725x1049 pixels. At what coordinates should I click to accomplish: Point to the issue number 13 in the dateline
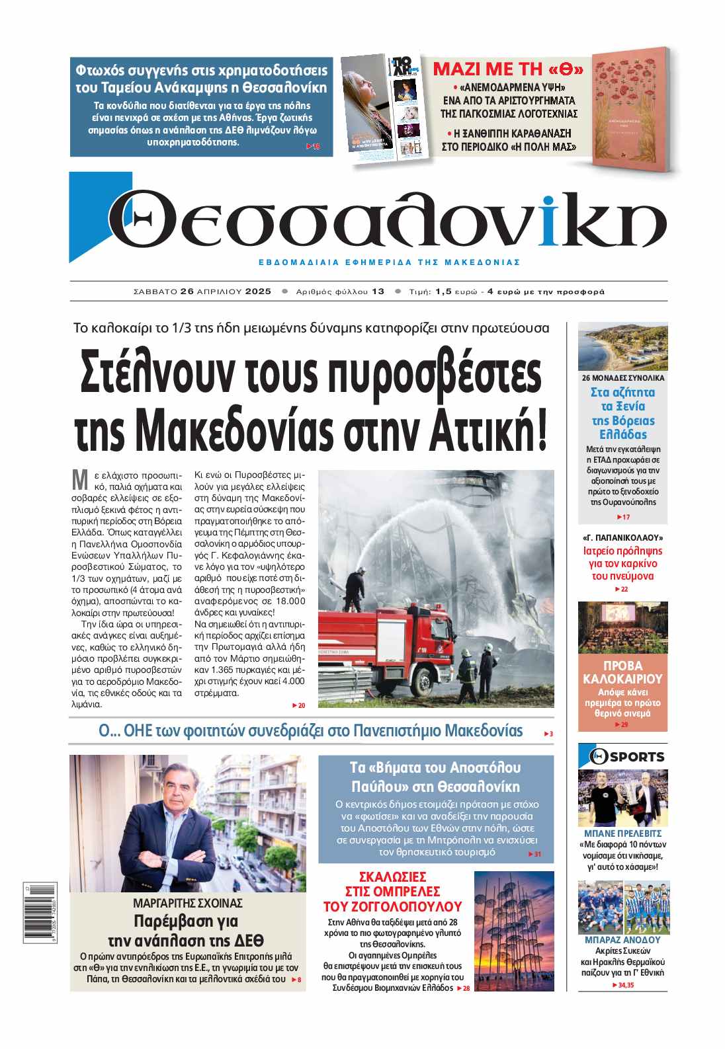pos(378,291)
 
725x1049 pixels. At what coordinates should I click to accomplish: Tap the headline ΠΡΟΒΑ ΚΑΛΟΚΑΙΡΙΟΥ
pos(622,672)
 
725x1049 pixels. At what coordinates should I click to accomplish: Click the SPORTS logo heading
pos(622,756)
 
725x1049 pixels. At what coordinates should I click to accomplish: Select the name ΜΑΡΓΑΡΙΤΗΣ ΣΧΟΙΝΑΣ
pos(188,903)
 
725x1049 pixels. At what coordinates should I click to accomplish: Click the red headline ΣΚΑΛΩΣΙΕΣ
pos(392,877)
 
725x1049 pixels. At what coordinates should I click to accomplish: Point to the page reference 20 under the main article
pos(301,705)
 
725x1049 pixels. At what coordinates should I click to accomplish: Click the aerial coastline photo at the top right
pos(622,346)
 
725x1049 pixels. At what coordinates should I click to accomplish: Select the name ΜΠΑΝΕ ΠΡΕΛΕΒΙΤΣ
pos(622,834)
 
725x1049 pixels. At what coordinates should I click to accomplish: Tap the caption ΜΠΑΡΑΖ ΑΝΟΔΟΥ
pos(622,939)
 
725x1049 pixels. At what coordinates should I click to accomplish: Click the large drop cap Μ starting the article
pos(80,479)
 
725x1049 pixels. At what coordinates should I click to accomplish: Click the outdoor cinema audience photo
pos(622,627)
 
